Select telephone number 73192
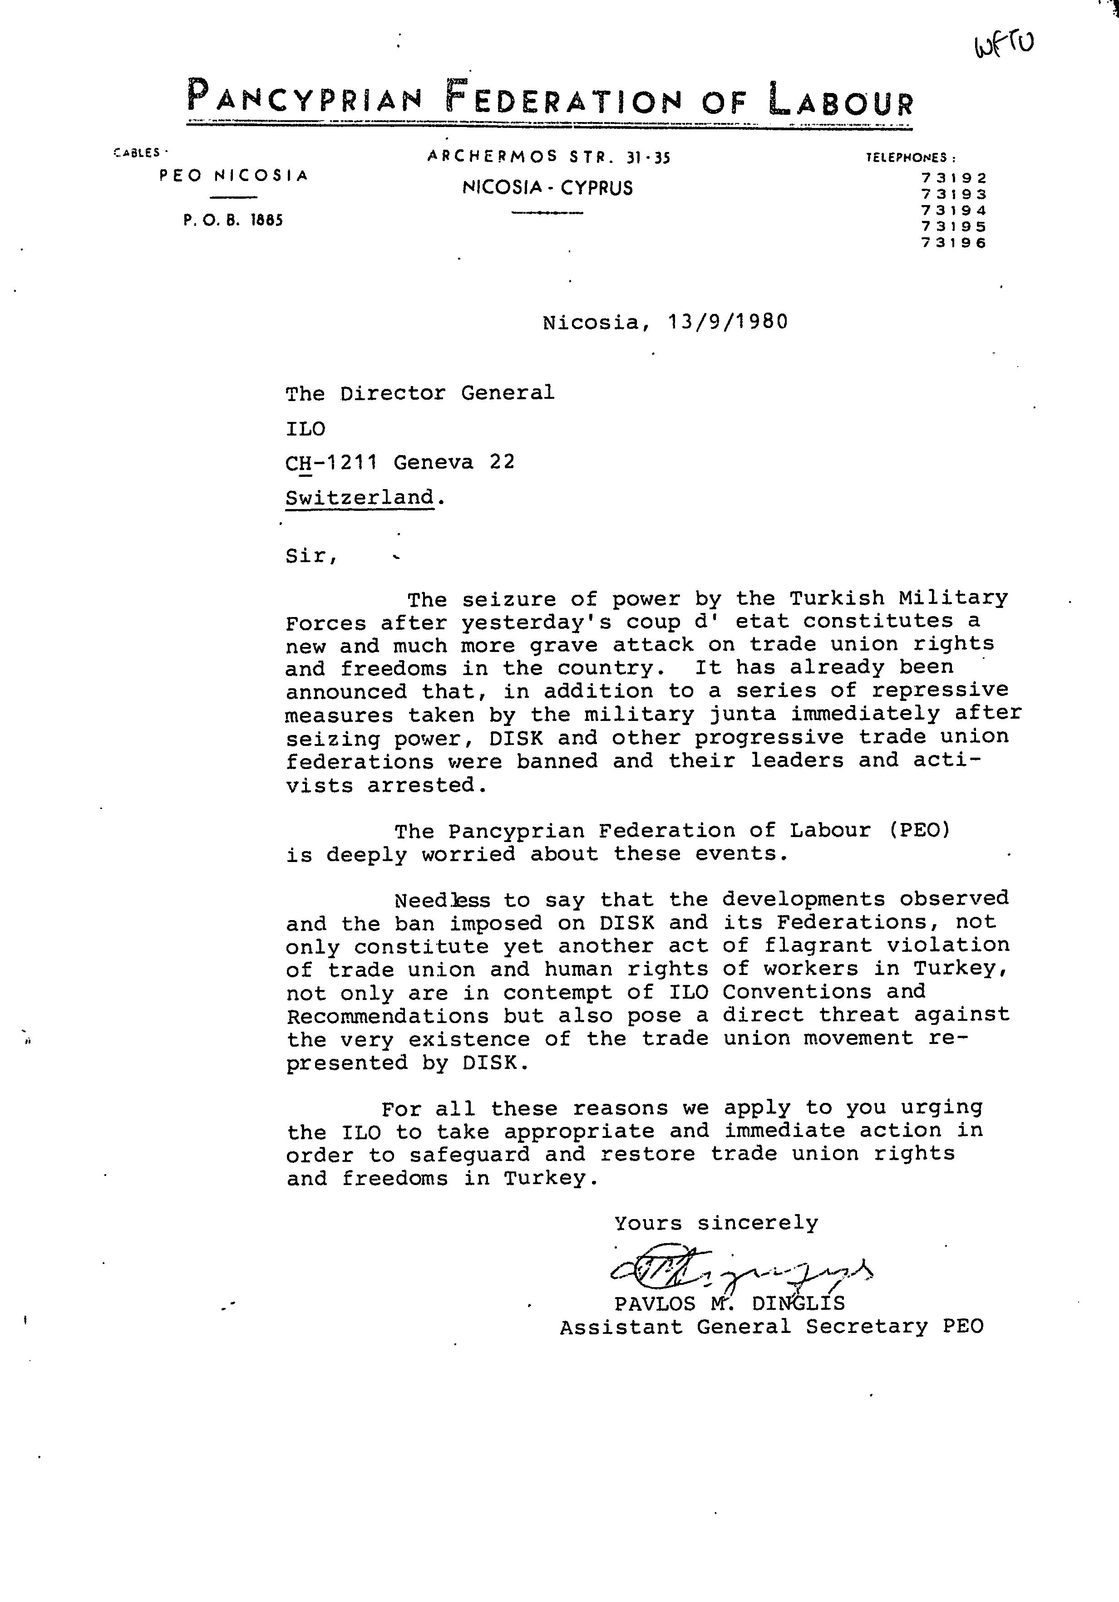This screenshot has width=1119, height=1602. click(x=954, y=179)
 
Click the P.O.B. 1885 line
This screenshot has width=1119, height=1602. click(x=233, y=221)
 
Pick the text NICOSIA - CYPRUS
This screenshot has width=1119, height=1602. click(x=547, y=188)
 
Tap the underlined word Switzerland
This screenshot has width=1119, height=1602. click(x=360, y=498)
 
